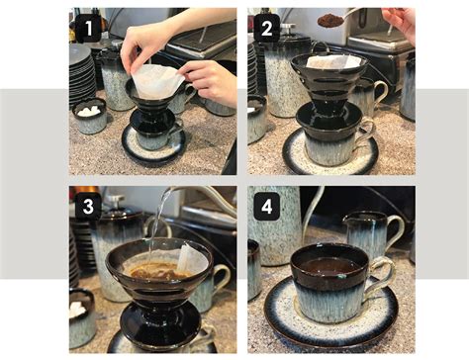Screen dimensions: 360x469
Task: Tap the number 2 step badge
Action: click(265, 29)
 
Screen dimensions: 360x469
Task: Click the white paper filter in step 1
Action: click(158, 79)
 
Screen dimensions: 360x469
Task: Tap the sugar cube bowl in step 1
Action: click(89, 116)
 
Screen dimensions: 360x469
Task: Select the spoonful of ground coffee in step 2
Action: click(330, 20)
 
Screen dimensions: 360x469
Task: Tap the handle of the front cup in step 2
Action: click(369, 131)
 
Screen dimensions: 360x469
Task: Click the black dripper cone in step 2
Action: click(327, 84)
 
